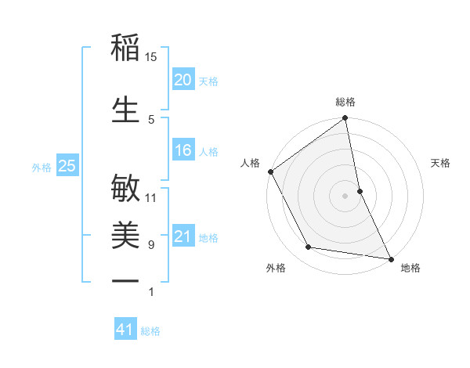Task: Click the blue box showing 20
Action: [x=183, y=80]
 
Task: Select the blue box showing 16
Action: [x=183, y=150]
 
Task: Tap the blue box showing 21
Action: [x=183, y=236]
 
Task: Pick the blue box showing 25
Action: [x=67, y=166]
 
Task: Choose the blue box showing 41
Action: [x=125, y=330]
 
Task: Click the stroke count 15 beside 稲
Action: [x=151, y=57]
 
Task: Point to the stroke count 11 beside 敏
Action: [x=151, y=197]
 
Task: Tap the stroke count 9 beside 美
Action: [x=151, y=245]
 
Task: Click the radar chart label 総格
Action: [x=345, y=102]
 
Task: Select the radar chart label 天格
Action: [x=440, y=163]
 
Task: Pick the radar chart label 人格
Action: [x=250, y=163]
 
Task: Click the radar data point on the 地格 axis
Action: [x=390, y=258]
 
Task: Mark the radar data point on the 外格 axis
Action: [x=309, y=247]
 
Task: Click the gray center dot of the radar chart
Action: [x=345, y=195]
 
